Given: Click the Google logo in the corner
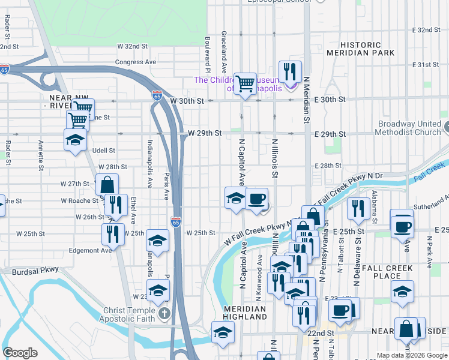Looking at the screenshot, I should pos(20,353).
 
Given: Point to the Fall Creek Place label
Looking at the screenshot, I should pos(387,272).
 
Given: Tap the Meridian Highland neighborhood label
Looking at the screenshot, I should pos(244,313).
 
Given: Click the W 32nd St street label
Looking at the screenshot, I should pos(132,46).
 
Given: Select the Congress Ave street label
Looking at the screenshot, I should pos(136,62).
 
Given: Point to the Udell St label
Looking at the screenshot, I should pos(103,151).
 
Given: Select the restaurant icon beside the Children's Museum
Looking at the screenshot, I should pos(290,71).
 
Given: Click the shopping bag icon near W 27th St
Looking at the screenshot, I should pos(107,184).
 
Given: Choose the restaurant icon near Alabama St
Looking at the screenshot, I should pos(358,208).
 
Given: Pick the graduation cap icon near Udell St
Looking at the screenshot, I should pos(75,140).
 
